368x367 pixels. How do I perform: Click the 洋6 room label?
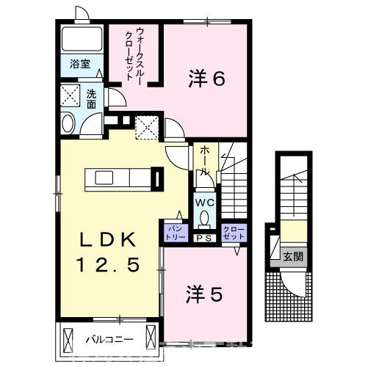[206, 79]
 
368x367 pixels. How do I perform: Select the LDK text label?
[108, 239]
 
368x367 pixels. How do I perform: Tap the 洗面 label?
[91, 99]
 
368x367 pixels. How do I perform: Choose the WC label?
[203, 201]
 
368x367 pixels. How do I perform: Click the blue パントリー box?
[174, 233]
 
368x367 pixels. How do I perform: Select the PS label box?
[203, 238]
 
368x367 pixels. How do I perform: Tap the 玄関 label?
[294, 256]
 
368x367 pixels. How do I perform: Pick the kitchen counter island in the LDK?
[118, 178]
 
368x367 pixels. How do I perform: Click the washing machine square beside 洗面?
[71, 96]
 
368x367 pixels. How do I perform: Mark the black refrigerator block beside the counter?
[156, 178]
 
